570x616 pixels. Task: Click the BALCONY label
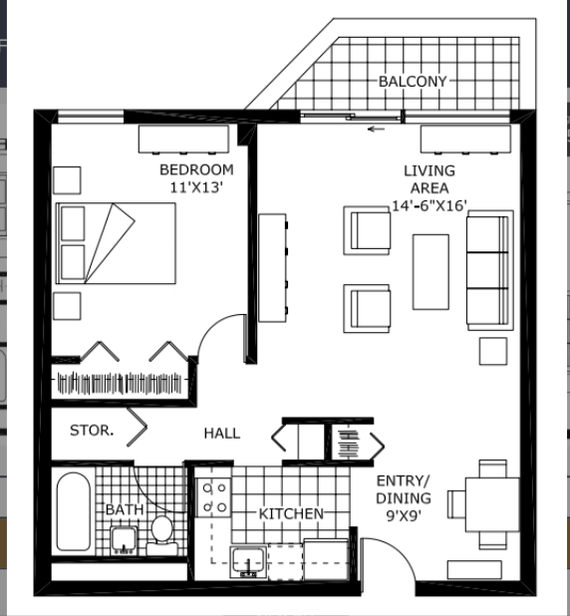point(412,80)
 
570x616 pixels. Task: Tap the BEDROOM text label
point(196,169)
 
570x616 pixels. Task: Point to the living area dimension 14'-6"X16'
point(429,206)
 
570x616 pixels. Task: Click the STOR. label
point(91,432)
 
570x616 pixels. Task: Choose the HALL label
point(221,433)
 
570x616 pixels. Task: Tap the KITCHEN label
point(291,513)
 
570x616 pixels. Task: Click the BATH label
point(125,509)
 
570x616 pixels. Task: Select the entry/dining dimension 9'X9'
point(404,515)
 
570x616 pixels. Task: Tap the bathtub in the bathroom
point(73,515)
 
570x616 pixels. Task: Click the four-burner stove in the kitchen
point(214,497)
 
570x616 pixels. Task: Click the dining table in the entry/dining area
point(492,504)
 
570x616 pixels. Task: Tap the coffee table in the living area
point(430,271)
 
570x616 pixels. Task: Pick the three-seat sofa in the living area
point(489,270)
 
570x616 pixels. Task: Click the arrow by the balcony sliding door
point(376,129)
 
